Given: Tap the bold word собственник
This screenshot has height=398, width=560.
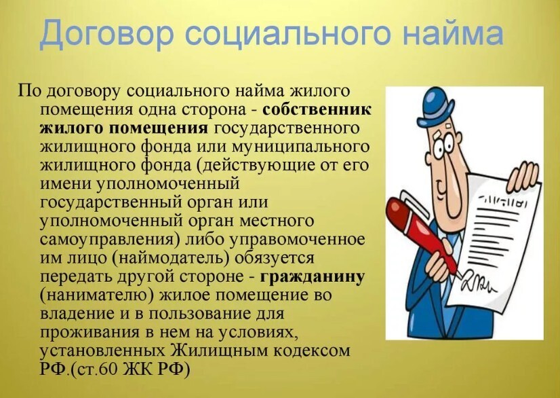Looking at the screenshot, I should [317, 109].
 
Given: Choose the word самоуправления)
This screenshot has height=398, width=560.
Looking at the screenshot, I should [108, 240].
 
